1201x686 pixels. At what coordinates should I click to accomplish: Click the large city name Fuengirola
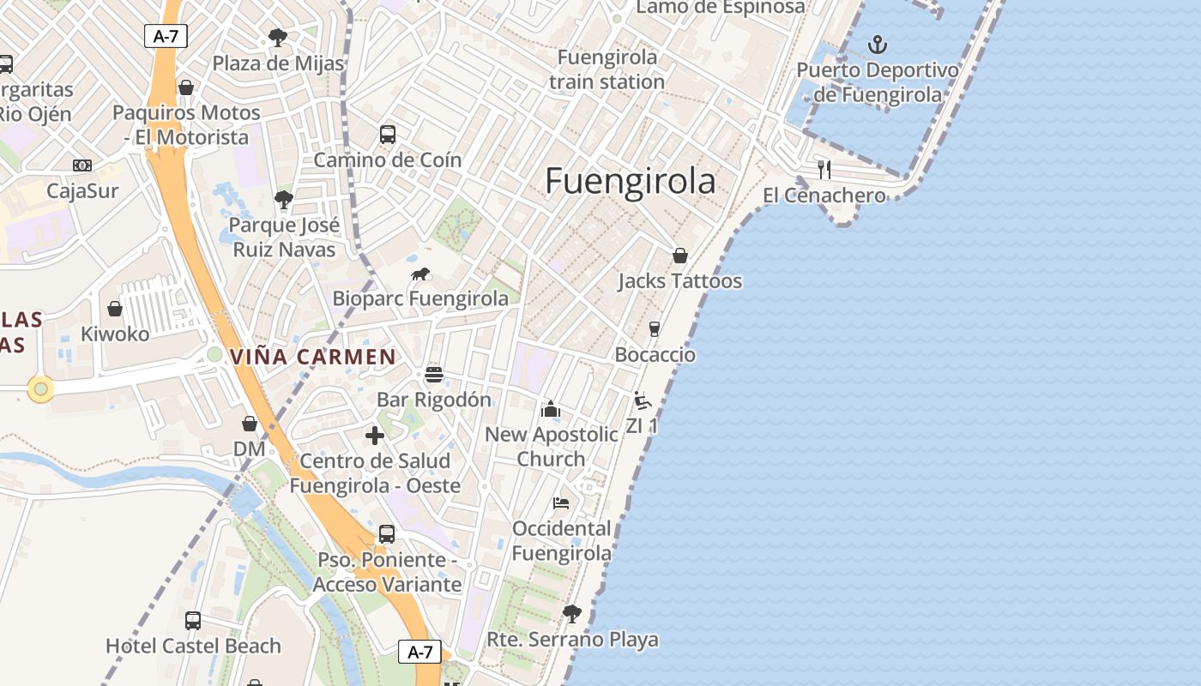[x=631, y=181]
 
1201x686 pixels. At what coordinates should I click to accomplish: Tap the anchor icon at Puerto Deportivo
[x=877, y=45]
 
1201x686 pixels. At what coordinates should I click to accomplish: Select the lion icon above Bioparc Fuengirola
[x=420, y=274]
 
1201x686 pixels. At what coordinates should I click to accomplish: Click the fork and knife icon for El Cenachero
[x=824, y=169]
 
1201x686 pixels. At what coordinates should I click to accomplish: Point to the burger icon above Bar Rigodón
[x=434, y=375]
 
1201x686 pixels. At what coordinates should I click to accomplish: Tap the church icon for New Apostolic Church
[x=551, y=409]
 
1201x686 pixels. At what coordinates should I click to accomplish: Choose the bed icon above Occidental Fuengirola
[x=561, y=503]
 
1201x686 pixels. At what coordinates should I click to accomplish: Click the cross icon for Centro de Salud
[x=375, y=436]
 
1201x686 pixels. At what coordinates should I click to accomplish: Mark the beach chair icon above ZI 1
[x=642, y=400]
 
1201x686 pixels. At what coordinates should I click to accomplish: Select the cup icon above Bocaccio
[x=655, y=329]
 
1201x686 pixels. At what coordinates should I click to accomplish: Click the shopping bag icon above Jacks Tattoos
[x=680, y=256]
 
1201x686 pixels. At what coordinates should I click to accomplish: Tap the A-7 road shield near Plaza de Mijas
[x=166, y=36]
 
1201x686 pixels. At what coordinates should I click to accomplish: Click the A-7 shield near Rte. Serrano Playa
[x=419, y=652]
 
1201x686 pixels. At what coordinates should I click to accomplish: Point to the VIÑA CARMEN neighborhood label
[x=313, y=357]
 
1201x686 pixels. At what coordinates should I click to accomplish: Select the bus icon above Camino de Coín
[x=388, y=135]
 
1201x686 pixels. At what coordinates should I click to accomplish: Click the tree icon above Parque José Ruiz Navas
[x=284, y=201]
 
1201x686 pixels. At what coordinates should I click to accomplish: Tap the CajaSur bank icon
[x=82, y=165]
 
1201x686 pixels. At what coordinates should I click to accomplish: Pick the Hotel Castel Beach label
[x=193, y=646]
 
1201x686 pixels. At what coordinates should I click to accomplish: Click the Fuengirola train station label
[x=607, y=69]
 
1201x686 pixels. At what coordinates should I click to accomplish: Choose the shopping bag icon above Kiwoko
[x=115, y=309]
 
